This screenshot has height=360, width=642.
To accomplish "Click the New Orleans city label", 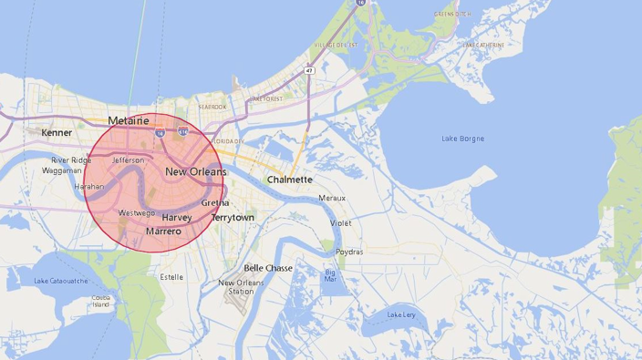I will [195, 171].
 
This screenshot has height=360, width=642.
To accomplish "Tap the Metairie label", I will [128, 120].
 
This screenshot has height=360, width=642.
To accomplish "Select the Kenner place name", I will [57, 133].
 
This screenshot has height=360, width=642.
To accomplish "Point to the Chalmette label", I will [290, 180].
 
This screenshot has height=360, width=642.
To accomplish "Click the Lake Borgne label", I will [462, 139].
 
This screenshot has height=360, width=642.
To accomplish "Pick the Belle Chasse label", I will [268, 268].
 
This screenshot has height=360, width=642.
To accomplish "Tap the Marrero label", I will [163, 231].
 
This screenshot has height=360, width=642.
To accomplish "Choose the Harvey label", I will [176, 218].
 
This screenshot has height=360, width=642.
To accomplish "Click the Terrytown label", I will [233, 218].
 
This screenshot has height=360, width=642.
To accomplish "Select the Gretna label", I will [214, 202].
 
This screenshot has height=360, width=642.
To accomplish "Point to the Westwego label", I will [136, 213].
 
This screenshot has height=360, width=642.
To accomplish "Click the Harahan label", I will [89, 186].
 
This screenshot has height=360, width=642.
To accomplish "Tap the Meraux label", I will [331, 198].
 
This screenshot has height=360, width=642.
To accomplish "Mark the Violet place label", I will [340, 222].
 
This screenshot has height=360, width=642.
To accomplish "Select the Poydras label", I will [348, 252].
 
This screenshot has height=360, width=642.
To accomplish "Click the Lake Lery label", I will [400, 314].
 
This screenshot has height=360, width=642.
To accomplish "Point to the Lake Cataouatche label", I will [61, 281].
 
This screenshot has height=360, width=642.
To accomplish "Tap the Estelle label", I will [171, 276].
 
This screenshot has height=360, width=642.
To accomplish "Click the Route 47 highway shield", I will [309, 70].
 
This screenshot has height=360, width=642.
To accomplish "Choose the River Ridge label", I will [71, 159].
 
